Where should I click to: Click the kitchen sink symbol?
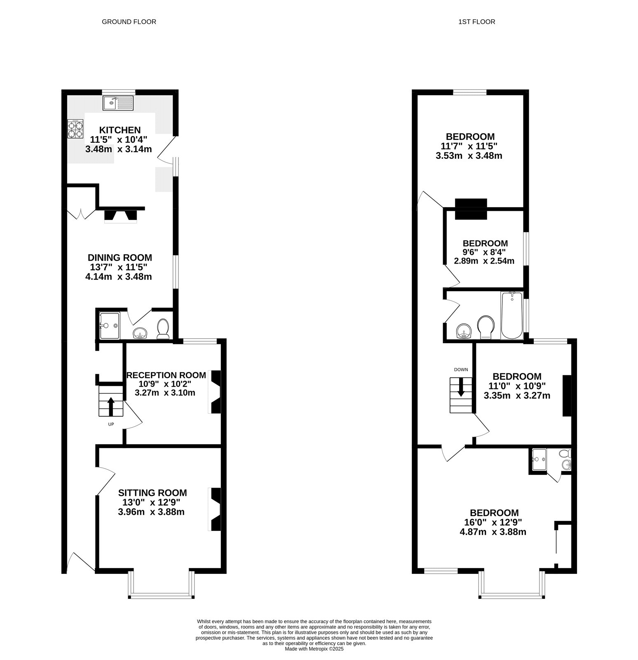point(119,103)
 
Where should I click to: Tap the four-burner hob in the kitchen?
point(75,129)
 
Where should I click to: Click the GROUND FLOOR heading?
point(129,22)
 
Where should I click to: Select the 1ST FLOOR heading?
point(476,22)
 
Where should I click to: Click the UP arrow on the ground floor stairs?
point(110,406)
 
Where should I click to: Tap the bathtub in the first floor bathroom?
point(511,316)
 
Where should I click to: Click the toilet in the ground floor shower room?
point(164,329)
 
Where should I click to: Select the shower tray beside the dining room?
point(110,325)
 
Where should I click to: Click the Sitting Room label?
point(152,493)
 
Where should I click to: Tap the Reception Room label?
point(166,375)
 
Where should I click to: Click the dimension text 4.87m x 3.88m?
point(493,532)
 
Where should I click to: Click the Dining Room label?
point(120,258)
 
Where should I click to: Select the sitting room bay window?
point(161,595)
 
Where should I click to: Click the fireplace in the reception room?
point(215,392)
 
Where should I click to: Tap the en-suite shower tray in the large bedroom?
point(539,460)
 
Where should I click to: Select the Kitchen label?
point(120,130)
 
